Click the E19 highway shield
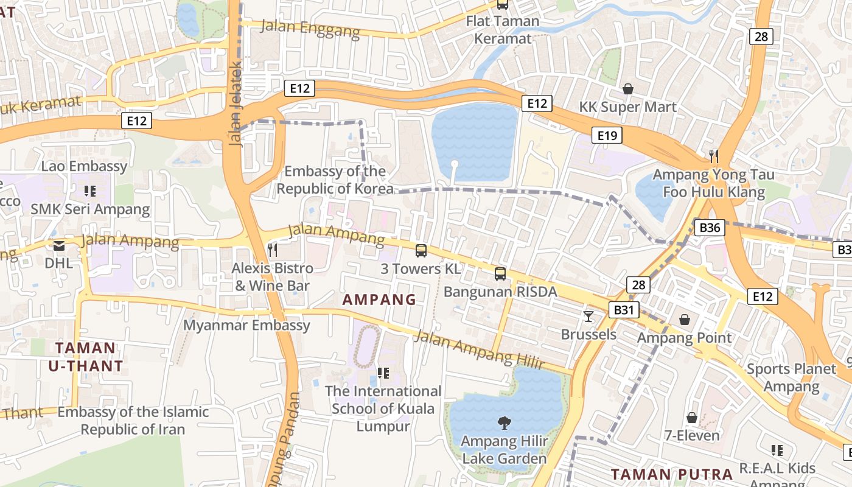[x=607, y=135]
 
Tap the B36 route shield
[x=710, y=228]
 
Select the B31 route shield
[x=624, y=310]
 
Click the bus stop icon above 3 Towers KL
[x=421, y=250]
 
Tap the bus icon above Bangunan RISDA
[x=500, y=273]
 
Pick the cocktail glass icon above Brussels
[x=588, y=316]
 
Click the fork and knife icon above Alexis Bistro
[x=273, y=250]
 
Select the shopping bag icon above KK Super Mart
[x=627, y=89]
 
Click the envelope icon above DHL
[x=59, y=245]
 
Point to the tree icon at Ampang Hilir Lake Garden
[x=504, y=422]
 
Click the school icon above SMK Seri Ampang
[x=90, y=191]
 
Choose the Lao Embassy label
[x=84, y=166]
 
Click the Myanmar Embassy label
[x=246, y=325]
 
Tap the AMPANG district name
[x=379, y=300]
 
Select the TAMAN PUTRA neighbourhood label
[x=672, y=474]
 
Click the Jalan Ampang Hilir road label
[x=478, y=349]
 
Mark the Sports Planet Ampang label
[x=791, y=377]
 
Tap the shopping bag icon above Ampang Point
[x=685, y=319]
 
